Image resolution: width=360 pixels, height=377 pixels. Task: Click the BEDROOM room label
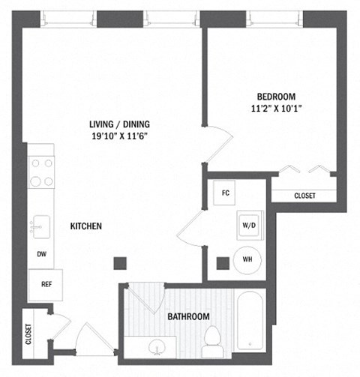pos(276,96)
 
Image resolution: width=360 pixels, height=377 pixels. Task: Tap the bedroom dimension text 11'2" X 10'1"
pos(276,108)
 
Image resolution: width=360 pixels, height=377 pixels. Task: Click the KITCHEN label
pos(86,226)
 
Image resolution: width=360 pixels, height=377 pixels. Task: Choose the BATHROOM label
pos(188,317)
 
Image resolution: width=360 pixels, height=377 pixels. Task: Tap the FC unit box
pos(224,193)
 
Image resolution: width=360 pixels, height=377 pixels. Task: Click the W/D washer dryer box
pos(247,225)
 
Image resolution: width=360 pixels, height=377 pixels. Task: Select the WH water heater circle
pos(247,260)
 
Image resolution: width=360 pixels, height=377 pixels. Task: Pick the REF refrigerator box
pos(45,284)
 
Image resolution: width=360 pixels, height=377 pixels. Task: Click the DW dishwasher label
pos(40,253)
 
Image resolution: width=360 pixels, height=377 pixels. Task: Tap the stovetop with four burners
pos(40,172)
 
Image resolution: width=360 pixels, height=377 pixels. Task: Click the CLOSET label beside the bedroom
pos(304,196)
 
